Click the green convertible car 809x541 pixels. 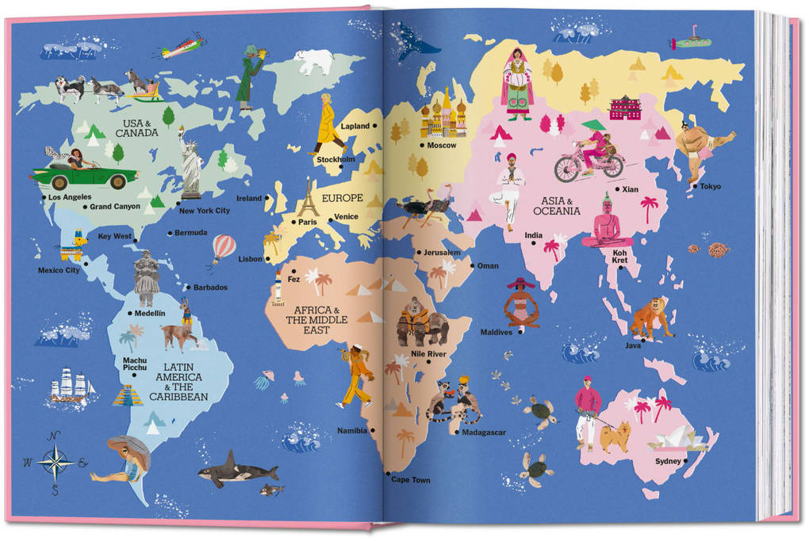pyautogui.click(x=85, y=173)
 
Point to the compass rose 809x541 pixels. pyautogui.click(x=56, y=462)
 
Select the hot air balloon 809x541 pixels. pyautogui.click(x=223, y=249)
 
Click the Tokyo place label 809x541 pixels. pyautogui.click(x=710, y=187)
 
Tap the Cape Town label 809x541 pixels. pyautogui.click(x=410, y=480)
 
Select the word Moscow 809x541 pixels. pyautogui.click(x=441, y=146)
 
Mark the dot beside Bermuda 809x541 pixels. pyautogui.click(x=170, y=233)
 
